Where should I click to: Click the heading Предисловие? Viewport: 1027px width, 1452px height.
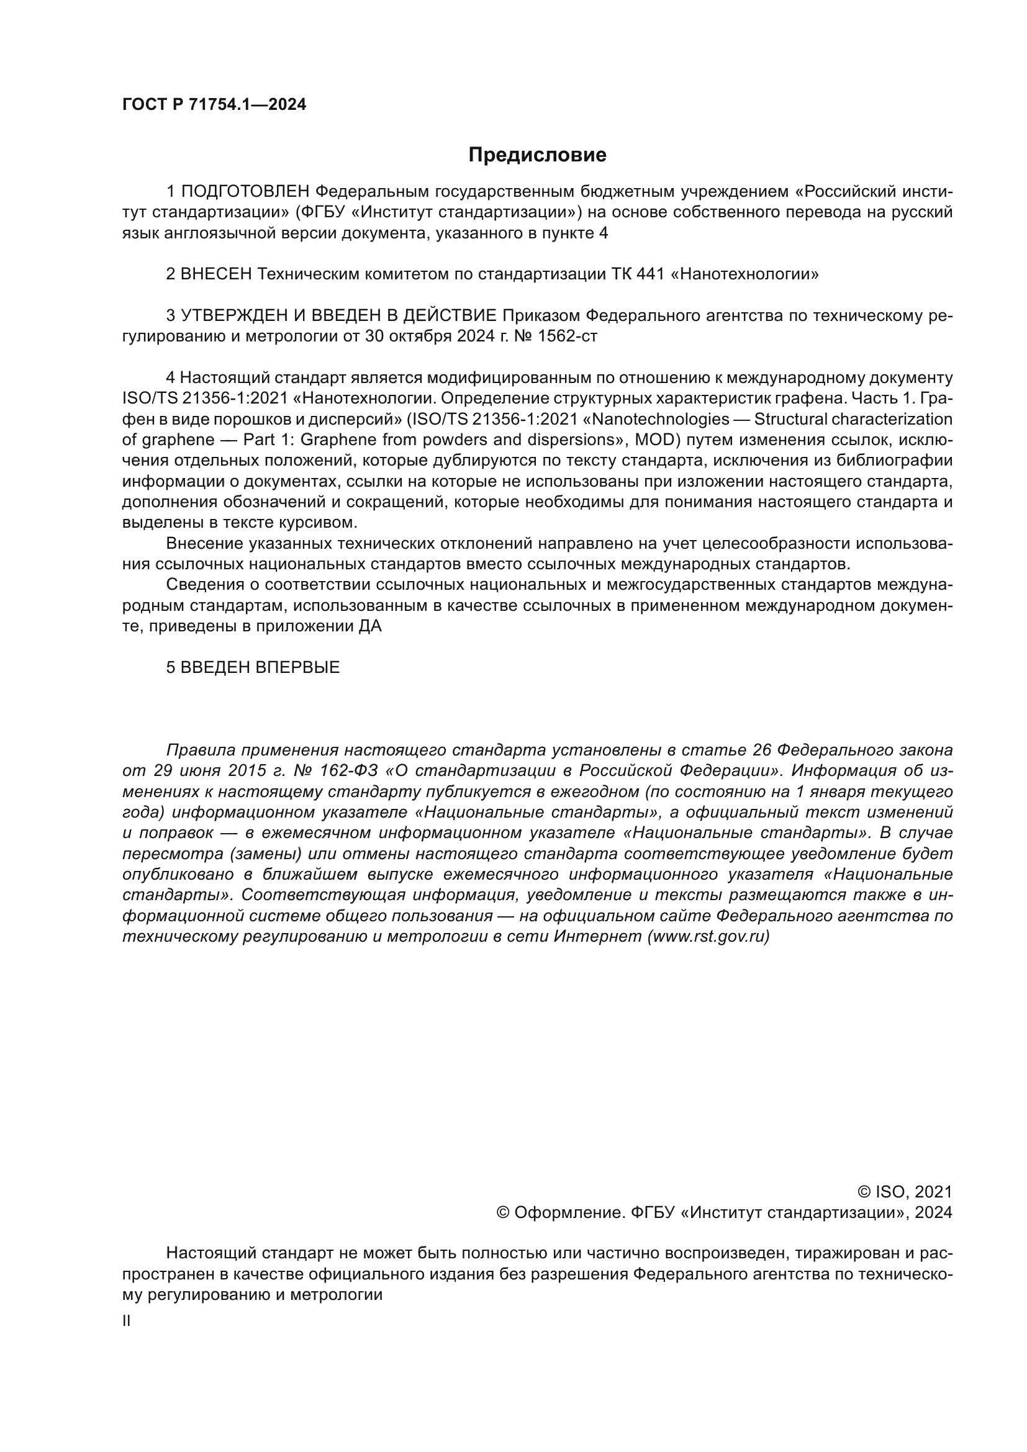point(537,155)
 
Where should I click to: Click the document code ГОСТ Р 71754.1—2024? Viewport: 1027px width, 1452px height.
point(214,105)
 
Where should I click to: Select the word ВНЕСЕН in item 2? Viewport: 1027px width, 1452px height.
point(216,274)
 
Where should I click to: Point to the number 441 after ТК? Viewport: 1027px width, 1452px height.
point(648,274)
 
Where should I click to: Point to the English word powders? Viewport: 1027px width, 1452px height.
point(448,440)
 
